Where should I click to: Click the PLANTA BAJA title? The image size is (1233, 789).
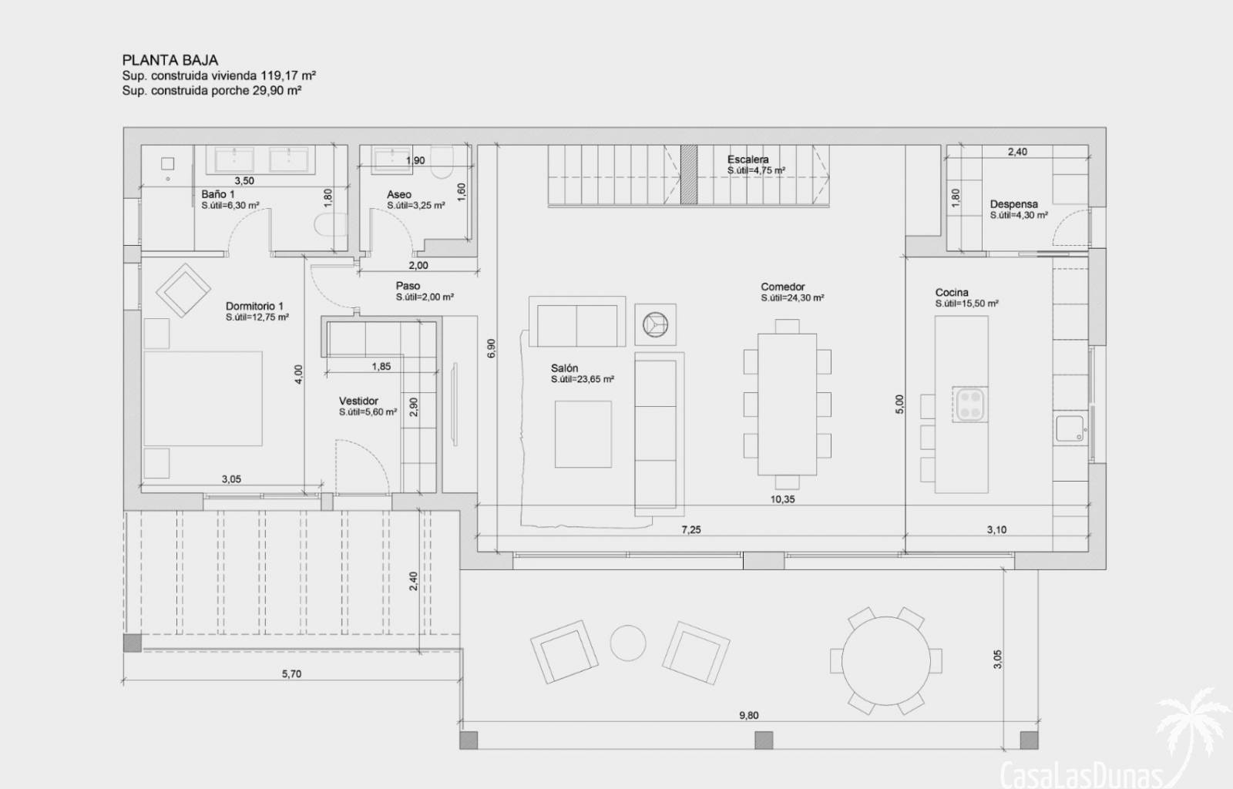(170, 60)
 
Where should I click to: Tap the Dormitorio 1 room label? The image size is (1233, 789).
(254, 306)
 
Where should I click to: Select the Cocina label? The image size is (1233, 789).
(952, 292)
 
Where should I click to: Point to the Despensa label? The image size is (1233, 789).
(1014, 204)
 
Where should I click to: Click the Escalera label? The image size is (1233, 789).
(748, 159)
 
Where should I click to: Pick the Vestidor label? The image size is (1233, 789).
(358, 401)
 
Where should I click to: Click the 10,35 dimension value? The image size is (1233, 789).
(782, 499)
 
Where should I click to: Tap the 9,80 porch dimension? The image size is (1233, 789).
(748, 715)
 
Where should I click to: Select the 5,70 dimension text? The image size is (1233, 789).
(292, 673)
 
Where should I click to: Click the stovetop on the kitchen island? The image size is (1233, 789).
(970, 405)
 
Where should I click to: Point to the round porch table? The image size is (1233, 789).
(885, 660)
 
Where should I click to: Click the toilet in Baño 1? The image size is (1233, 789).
(331, 224)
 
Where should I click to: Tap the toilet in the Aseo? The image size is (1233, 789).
(441, 163)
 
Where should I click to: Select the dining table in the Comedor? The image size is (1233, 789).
(787, 404)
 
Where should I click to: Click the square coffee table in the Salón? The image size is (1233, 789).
(583, 434)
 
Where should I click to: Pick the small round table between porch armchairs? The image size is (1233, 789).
(628, 643)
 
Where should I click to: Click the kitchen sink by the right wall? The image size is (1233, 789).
(1070, 428)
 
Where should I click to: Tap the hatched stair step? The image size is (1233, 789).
(689, 174)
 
